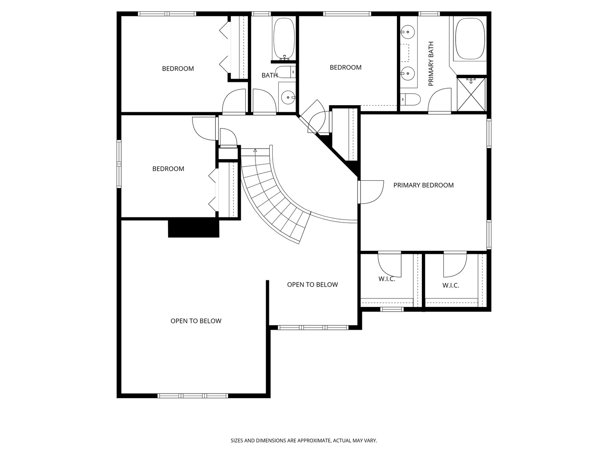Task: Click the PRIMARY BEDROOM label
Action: pyautogui.click(x=423, y=185)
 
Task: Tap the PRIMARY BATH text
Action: pyautogui.click(x=431, y=64)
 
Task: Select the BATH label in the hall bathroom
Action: pyautogui.click(x=269, y=75)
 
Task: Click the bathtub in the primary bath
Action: pyautogui.click(x=470, y=38)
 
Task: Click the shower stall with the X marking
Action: pyautogui.click(x=471, y=95)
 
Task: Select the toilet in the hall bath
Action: pyautogui.click(x=286, y=72)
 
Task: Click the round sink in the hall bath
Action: pyautogui.click(x=288, y=98)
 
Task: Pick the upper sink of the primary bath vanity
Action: pyautogui.click(x=407, y=32)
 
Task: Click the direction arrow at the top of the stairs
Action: pyautogui.click(x=255, y=150)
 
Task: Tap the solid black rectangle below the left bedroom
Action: pyautogui.click(x=194, y=228)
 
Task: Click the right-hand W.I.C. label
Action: pyautogui.click(x=451, y=285)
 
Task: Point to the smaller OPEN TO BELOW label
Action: pyautogui.click(x=312, y=285)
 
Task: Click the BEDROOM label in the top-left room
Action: pyautogui.click(x=178, y=69)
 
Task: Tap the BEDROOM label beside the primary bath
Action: pyautogui.click(x=345, y=67)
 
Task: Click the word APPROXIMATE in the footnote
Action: pyautogui.click(x=314, y=440)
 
